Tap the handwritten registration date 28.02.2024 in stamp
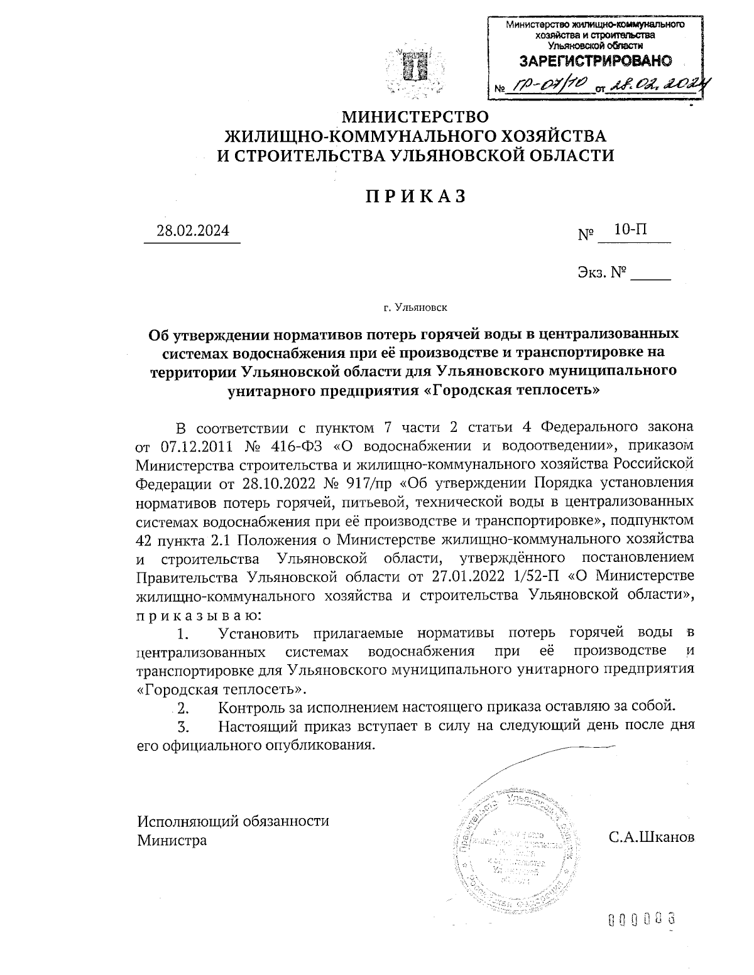click(x=657, y=87)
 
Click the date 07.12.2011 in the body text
click(x=196, y=446)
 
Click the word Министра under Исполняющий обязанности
click(x=172, y=839)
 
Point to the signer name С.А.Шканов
click(x=652, y=838)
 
